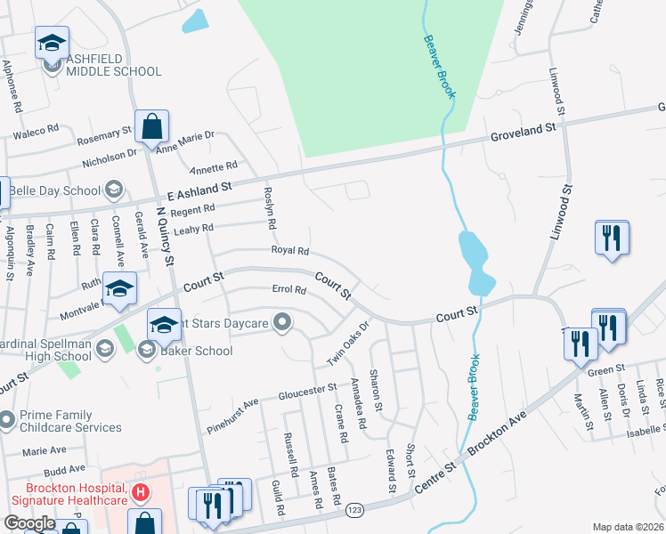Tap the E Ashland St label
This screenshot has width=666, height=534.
[199, 190]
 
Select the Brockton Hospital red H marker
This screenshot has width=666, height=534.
[139, 491]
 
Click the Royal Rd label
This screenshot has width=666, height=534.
[290, 251]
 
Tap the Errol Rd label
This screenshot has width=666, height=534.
[288, 289]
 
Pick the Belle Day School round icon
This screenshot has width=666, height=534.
[113, 190]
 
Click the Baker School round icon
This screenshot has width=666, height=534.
[144, 351]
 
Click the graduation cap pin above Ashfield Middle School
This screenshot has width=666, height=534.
[52, 42]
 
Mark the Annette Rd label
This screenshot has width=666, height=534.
[214, 166]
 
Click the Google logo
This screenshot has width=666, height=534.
[29, 523]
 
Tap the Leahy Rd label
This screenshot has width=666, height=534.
[195, 229]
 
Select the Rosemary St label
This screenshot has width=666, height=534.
[104, 135]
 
